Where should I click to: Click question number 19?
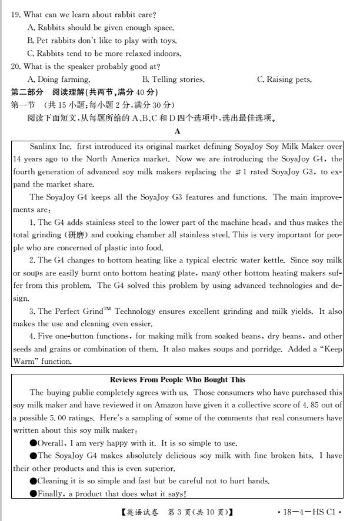click(x=16, y=14)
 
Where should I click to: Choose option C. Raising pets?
click(x=285, y=79)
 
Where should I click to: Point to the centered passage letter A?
click(x=178, y=131)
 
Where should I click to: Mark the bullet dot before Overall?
click(x=34, y=443)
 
